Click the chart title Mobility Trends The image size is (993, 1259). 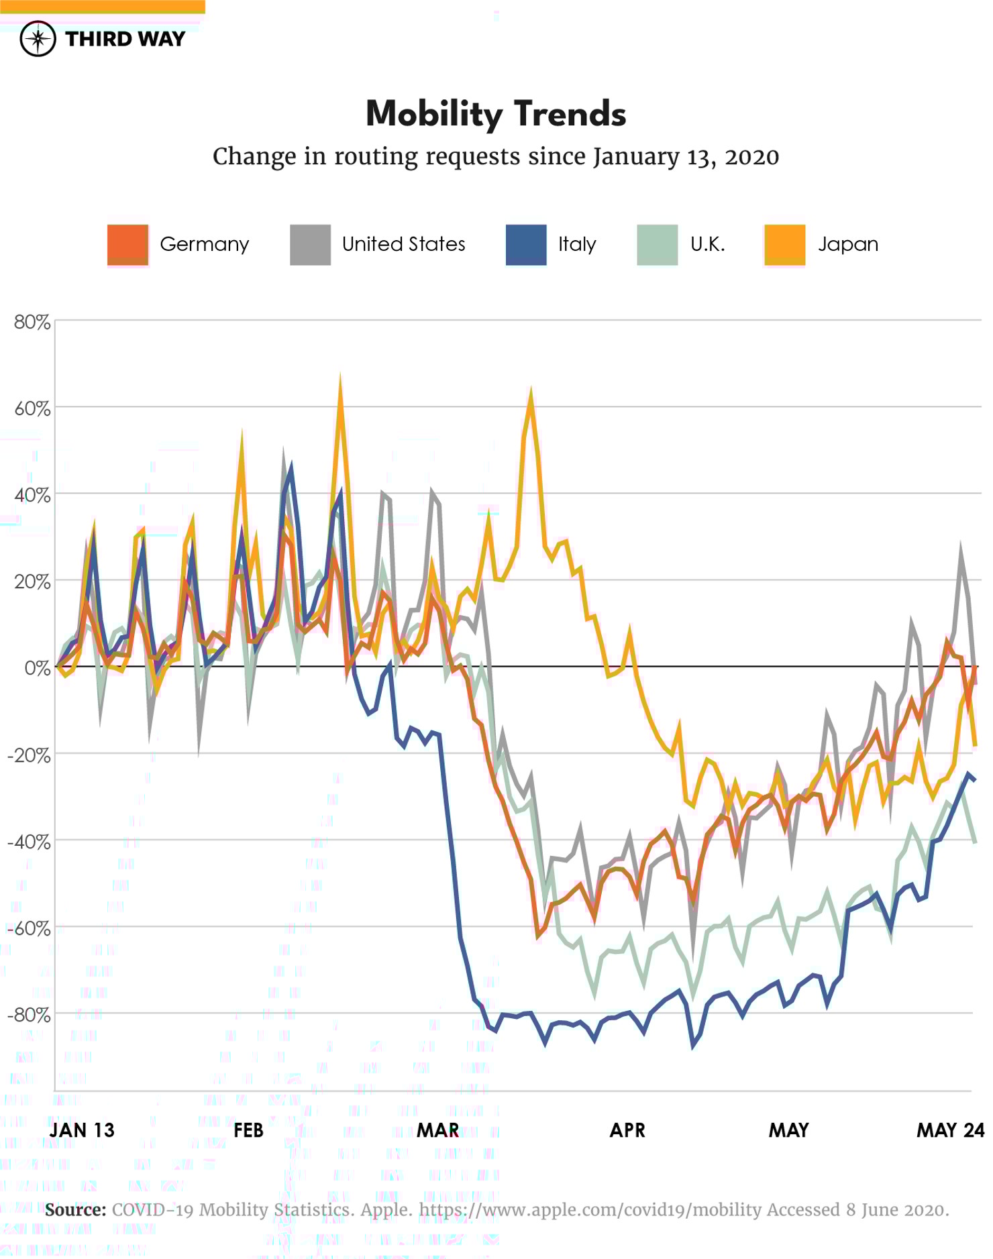(x=496, y=114)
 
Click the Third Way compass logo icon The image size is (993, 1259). (x=38, y=39)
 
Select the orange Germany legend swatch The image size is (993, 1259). (x=127, y=245)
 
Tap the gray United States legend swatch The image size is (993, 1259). (x=310, y=245)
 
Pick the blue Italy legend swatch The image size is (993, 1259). (x=525, y=245)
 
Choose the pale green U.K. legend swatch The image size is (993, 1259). (x=657, y=245)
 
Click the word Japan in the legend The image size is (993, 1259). (x=847, y=244)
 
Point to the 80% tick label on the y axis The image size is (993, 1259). (x=32, y=323)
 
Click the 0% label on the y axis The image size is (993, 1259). (x=37, y=668)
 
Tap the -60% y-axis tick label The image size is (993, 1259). (x=30, y=928)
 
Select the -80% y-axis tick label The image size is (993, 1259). (x=30, y=1015)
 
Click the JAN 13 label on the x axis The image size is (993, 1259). (x=82, y=1130)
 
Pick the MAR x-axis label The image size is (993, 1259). (x=437, y=1130)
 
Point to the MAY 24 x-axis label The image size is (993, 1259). (x=950, y=1130)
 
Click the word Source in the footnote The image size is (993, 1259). (x=76, y=1210)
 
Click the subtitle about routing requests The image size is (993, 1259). (x=496, y=157)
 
